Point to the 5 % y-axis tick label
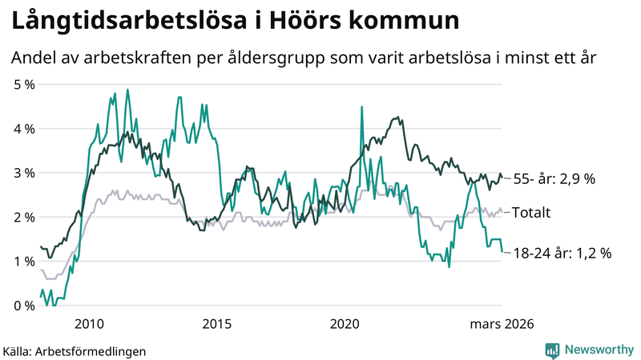(x=23, y=84)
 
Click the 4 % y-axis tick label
(x=23, y=128)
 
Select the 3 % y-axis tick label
(x=23, y=173)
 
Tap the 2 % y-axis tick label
(x=23, y=217)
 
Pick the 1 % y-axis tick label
(x=23, y=262)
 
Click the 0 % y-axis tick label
(x=23, y=306)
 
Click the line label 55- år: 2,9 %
(x=554, y=179)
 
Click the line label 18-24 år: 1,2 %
(x=562, y=253)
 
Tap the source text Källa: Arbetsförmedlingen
(x=75, y=350)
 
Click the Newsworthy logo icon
(x=552, y=350)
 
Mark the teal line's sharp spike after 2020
(x=362, y=107)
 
